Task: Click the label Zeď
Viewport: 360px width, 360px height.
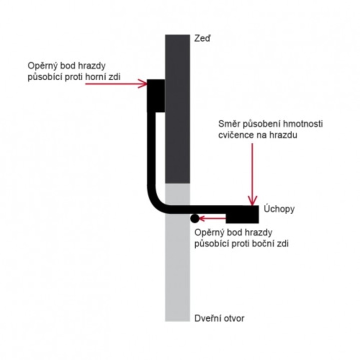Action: point(202,38)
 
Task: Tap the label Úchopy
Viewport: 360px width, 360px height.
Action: point(279,209)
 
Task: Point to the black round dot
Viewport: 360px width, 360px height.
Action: point(194,218)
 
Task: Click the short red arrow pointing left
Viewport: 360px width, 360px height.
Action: point(212,218)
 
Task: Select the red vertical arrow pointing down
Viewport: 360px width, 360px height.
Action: point(252,174)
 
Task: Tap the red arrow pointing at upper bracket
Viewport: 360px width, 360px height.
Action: point(116,83)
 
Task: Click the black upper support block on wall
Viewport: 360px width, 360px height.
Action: point(156,95)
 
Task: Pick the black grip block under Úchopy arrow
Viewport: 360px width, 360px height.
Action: point(242,214)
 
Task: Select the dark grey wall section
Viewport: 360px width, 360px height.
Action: point(177,109)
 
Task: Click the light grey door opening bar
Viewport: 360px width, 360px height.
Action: point(177,252)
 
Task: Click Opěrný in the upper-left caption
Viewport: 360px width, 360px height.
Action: point(42,66)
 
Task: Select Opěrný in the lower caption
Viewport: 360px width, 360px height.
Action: point(209,232)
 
